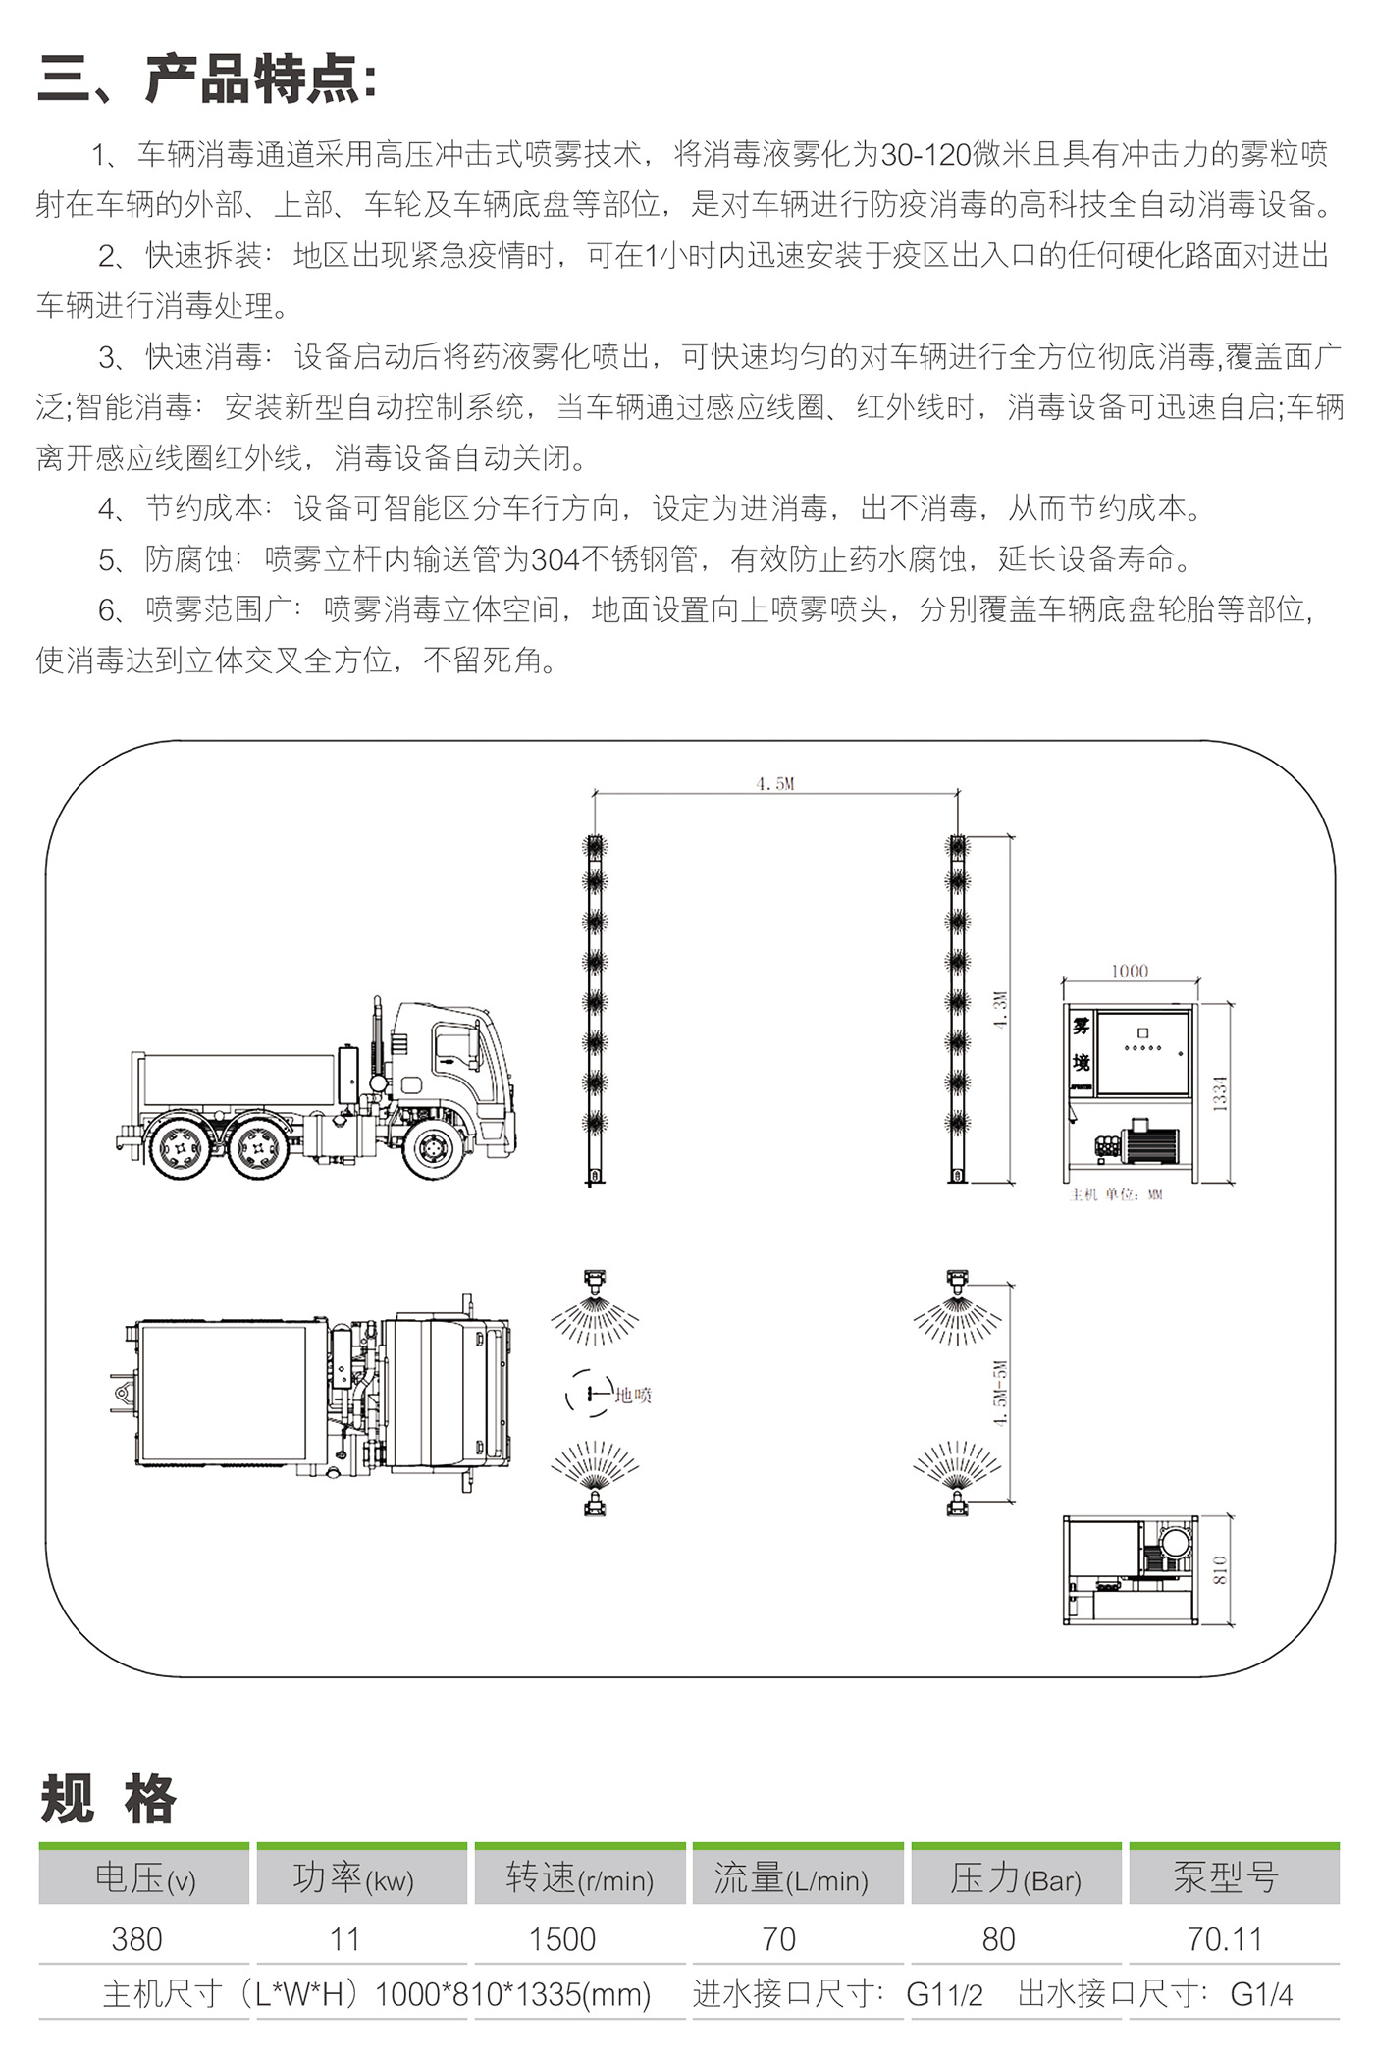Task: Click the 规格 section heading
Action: (108, 1799)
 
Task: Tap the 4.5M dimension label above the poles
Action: (775, 783)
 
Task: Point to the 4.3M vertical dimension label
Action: (1000, 1009)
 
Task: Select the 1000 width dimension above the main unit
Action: (1130, 971)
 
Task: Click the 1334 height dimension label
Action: (1220, 1092)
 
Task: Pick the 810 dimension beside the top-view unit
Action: (1220, 1569)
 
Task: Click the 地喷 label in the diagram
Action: (633, 1395)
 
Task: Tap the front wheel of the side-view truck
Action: (435, 1146)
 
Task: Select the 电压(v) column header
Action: (145, 1878)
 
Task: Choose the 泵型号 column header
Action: (1226, 1877)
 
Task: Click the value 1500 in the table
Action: (562, 1939)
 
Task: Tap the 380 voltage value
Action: (136, 1939)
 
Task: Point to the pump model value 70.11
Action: (1224, 1939)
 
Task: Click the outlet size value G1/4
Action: (1261, 1994)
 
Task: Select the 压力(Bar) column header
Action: (1016, 1878)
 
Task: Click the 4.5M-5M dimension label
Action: (1000, 1394)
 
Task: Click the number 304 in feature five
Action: (555, 559)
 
